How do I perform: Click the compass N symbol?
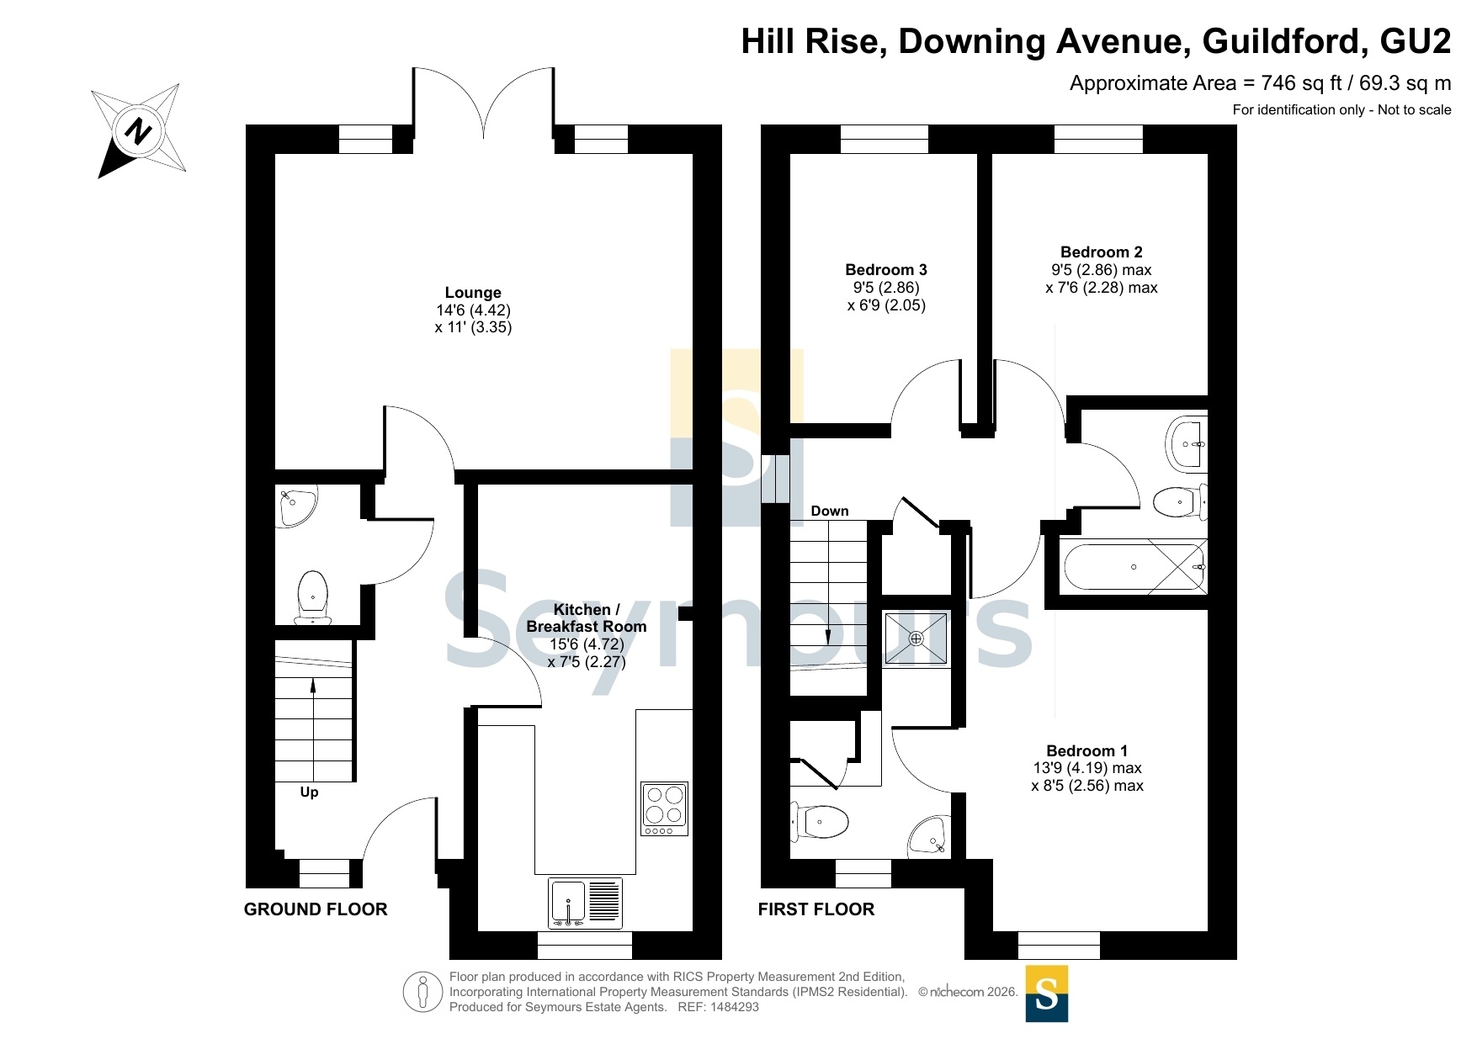[x=138, y=131]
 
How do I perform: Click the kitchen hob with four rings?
[x=664, y=808]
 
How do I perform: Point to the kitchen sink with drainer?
[x=585, y=903]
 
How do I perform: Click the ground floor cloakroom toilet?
[x=312, y=596]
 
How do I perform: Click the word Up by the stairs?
[x=309, y=792]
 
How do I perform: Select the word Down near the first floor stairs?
[x=829, y=511]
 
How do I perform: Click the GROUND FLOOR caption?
[x=316, y=909]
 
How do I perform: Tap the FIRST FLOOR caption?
[x=816, y=909]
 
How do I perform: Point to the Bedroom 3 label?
[x=886, y=270]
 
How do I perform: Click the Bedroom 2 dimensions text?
[x=1102, y=279]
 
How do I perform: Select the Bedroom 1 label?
[x=1087, y=751]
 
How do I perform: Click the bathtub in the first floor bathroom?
[x=1134, y=567]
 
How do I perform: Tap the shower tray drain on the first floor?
[x=916, y=639]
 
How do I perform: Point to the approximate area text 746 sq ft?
[x=1261, y=83]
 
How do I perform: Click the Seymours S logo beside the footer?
[x=1047, y=994]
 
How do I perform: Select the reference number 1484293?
[x=735, y=1007]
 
